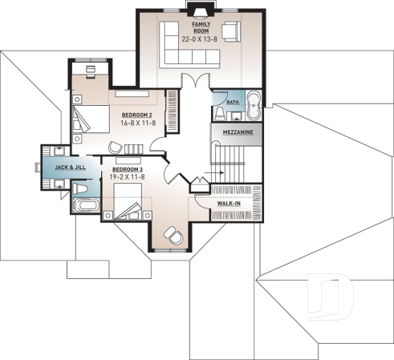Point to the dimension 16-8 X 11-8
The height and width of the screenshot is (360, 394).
point(136,124)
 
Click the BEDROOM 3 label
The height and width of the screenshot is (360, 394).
point(127,170)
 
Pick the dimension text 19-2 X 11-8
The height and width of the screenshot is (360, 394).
point(127,179)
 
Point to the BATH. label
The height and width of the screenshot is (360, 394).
point(233,103)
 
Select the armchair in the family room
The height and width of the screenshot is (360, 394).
point(230,32)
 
